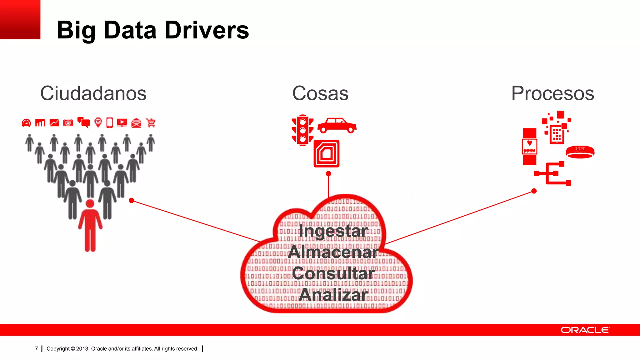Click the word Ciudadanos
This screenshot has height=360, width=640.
click(93, 93)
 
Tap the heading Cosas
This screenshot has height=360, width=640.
click(320, 93)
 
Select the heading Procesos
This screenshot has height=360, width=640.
click(552, 93)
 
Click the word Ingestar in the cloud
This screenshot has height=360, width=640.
click(333, 231)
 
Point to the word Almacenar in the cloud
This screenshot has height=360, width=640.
click(333, 252)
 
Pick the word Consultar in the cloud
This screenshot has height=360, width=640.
click(333, 273)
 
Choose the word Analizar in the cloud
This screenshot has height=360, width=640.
click(333, 295)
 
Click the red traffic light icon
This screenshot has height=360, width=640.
click(302, 130)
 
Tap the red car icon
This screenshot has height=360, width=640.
click(337, 126)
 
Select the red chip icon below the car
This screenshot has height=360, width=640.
click(327, 153)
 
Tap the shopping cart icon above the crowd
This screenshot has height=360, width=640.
click(151, 122)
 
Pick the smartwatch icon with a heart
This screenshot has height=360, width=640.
click(529, 146)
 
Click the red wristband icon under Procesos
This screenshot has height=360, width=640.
click(580, 152)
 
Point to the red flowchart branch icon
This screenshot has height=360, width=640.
click(552, 173)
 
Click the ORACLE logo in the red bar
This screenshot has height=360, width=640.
click(585, 330)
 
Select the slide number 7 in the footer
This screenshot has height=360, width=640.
click(37, 348)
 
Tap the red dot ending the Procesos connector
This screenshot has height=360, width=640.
click(534, 191)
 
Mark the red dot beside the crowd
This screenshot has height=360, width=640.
click(132, 200)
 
